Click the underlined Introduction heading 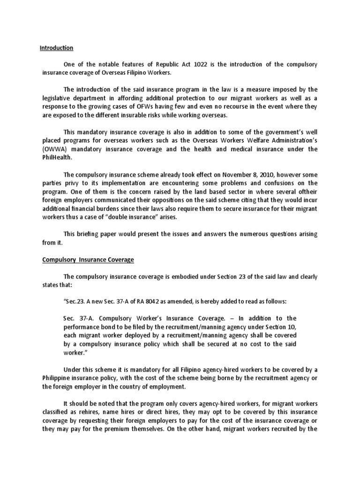(x=56, y=48)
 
